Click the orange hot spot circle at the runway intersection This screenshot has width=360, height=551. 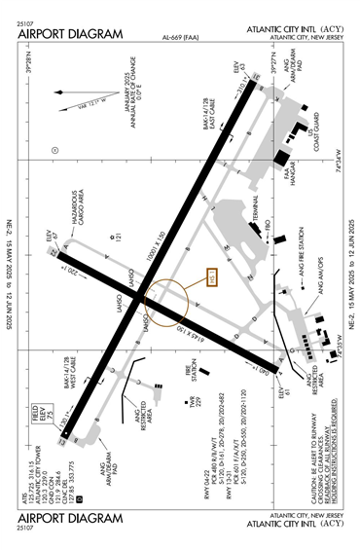coord(162,303)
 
